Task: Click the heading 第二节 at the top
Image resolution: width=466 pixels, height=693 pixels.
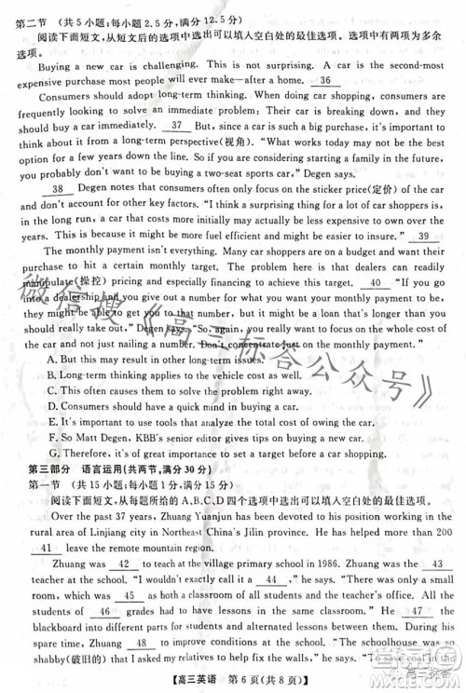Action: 35,7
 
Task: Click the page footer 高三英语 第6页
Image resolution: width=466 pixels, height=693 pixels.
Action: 233,685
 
